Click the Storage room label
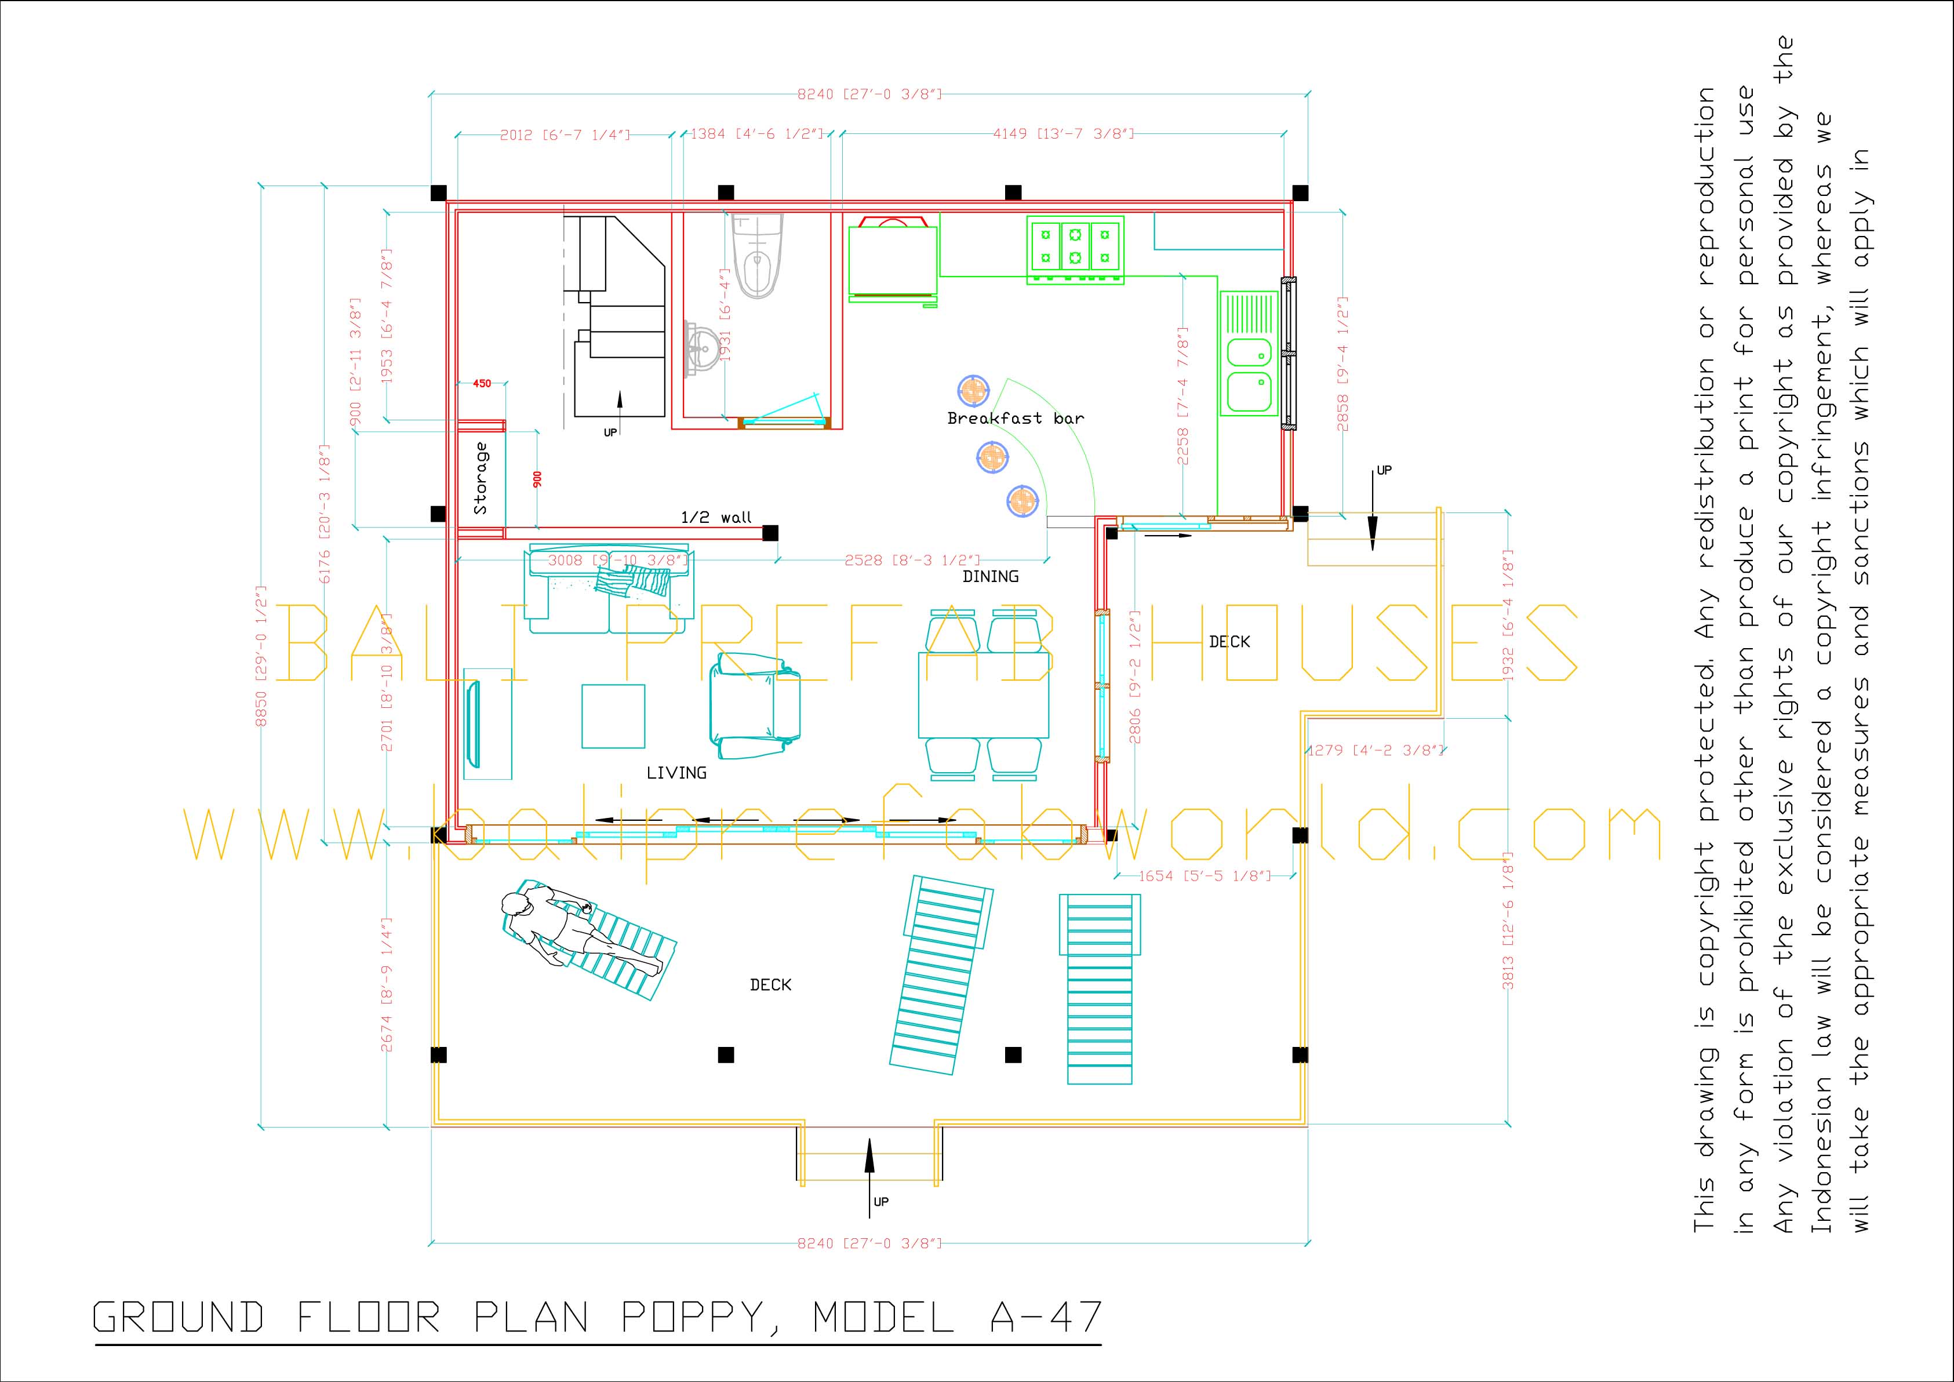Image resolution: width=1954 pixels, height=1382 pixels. pyautogui.click(x=481, y=478)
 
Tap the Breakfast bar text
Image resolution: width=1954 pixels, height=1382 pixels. pyautogui.click(x=1016, y=418)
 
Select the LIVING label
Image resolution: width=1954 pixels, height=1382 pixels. pyautogui.click(x=676, y=773)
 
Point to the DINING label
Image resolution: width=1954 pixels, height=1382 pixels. pyautogui.click(x=991, y=576)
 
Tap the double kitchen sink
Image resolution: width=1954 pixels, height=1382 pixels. pyautogui.click(x=1249, y=374)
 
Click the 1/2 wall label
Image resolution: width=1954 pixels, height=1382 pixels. pyautogui.click(x=716, y=517)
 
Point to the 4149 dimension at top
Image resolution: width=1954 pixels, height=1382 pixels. pyautogui.click(x=1064, y=133)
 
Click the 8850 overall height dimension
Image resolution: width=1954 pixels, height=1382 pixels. pyautogui.click(x=262, y=655)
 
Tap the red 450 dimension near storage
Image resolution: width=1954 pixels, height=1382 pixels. pyautogui.click(x=482, y=384)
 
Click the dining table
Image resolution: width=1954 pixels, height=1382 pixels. pyautogui.click(x=983, y=694)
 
